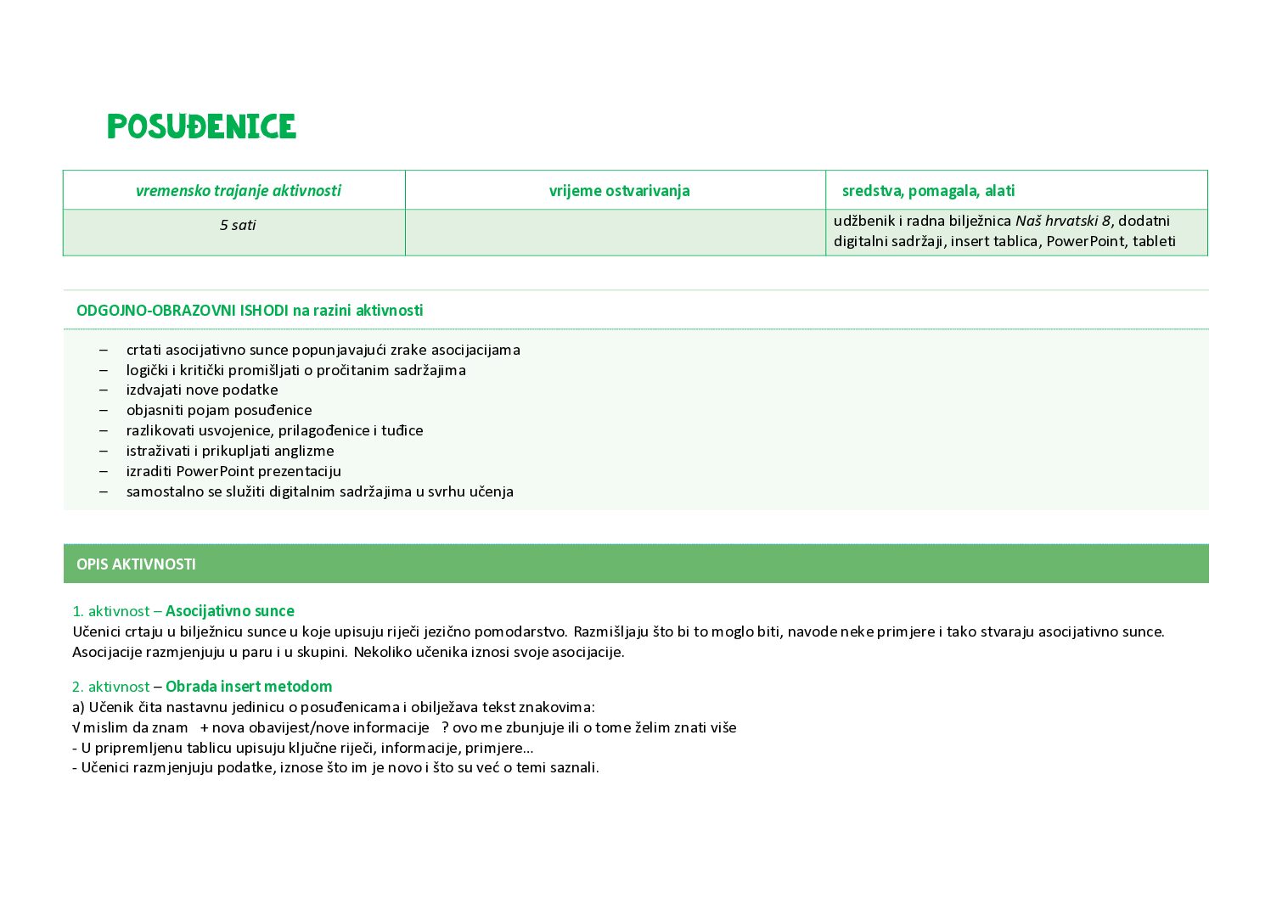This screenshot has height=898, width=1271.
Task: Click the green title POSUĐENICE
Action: pos(201,127)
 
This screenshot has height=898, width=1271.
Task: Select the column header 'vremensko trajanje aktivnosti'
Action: pos(238,191)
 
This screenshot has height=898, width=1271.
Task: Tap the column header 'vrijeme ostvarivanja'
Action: pos(619,191)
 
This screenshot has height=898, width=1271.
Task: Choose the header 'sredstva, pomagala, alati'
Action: pos(928,191)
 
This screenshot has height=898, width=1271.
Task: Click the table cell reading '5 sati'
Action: pos(238,225)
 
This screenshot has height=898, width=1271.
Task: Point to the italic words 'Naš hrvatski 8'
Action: pos(1062,222)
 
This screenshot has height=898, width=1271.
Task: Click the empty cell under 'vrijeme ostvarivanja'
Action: pos(615,232)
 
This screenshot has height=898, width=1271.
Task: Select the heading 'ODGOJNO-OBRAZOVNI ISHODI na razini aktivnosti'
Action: pos(250,311)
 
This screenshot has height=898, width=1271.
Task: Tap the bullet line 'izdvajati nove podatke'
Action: pos(202,390)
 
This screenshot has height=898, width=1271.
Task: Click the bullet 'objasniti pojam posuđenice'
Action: pos(219,410)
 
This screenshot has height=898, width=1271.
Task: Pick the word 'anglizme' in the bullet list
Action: pos(306,451)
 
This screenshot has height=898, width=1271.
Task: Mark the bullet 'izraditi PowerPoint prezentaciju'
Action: pos(233,471)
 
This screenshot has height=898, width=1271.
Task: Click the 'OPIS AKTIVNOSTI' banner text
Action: pos(136,564)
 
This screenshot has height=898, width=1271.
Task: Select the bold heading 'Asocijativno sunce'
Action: pos(230,611)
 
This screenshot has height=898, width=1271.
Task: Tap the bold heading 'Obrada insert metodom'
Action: pos(249,687)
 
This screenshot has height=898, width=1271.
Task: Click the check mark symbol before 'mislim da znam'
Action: pos(76,727)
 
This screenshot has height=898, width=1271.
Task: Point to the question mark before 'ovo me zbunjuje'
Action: pos(445,727)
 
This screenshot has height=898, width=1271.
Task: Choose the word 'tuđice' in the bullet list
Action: pos(403,430)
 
